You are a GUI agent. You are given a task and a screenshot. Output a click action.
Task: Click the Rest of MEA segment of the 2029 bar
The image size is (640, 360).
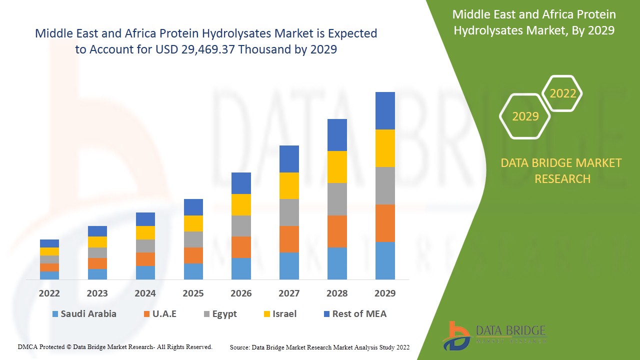(385, 110)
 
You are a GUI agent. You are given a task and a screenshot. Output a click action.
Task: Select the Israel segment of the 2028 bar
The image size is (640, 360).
(337, 166)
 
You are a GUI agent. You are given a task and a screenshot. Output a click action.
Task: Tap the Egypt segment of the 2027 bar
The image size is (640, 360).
(289, 212)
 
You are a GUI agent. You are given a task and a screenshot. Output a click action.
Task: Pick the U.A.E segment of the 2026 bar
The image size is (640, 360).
(241, 247)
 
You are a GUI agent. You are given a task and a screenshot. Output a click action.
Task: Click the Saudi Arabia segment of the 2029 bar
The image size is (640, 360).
(385, 260)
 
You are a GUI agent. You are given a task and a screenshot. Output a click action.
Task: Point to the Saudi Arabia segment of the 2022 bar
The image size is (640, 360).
(49, 275)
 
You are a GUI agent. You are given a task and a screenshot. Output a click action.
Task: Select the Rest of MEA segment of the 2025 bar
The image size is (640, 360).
(193, 207)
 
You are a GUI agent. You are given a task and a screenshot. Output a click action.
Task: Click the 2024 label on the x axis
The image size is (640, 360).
(145, 293)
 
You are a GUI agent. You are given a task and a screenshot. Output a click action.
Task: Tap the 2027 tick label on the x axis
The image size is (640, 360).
(289, 293)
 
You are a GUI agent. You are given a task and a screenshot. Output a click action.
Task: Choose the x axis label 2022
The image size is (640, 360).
(49, 293)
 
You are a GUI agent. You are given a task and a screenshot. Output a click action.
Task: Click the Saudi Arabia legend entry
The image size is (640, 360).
(84, 314)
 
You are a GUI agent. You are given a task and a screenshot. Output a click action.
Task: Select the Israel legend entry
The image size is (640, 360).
(280, 314)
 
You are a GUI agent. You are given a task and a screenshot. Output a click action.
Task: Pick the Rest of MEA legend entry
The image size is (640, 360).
(355, 314)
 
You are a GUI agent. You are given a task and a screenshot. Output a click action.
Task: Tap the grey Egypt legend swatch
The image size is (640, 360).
(207, 314)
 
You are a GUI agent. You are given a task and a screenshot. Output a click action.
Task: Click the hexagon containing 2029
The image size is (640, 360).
(525, 116)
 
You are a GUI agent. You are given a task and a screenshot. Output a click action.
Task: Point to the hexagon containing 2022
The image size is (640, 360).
(562, 93)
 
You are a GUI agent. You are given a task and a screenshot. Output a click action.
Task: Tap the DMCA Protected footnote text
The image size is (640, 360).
(115, 346)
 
